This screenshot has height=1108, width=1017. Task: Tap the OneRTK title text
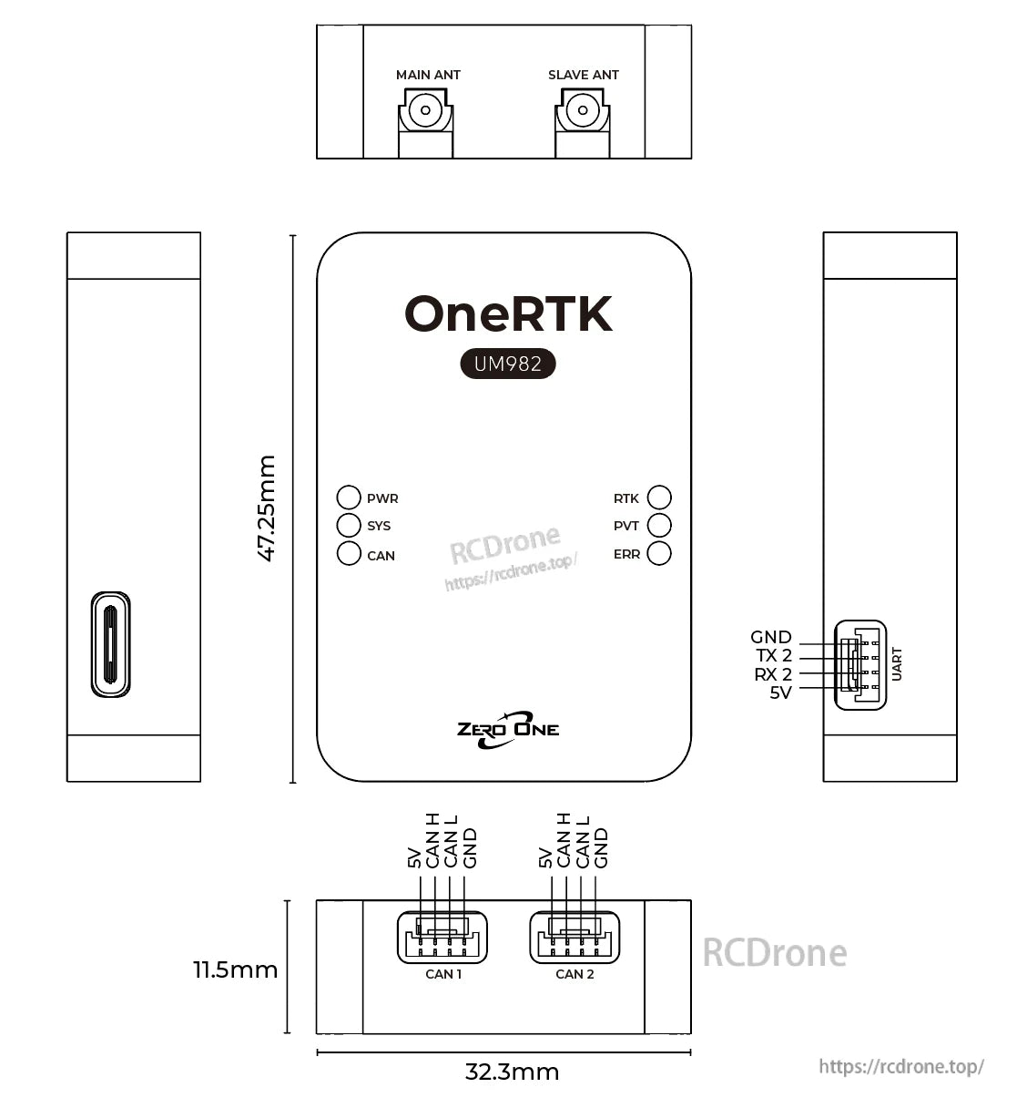(x=508, y=314)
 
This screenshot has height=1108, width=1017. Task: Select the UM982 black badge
(x=507, y=364)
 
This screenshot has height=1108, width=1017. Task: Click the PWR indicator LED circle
(x=349, y=498)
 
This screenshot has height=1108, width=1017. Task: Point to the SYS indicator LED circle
(x=349, y=525)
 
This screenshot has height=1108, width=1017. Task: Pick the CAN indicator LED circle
(x=349, y=553)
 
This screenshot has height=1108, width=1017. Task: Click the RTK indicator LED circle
(x=659, y=498)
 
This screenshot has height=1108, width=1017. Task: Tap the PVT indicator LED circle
(x=659, y=525)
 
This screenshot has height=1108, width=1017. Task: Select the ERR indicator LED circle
(x=659, y=553)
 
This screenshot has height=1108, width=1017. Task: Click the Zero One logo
(x=508, y=729)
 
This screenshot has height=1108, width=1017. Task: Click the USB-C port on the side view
(x=110, y=644)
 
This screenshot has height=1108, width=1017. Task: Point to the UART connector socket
(x=860, y=665)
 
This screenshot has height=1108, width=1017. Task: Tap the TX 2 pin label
(x=774, y=656)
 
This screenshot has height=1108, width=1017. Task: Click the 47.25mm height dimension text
(x=266, y=508)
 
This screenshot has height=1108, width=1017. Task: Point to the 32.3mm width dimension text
(x=512, y=1072)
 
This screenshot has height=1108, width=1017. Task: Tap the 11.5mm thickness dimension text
(x=235, y=969)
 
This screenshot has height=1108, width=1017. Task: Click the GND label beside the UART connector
(x=771, y=638)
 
